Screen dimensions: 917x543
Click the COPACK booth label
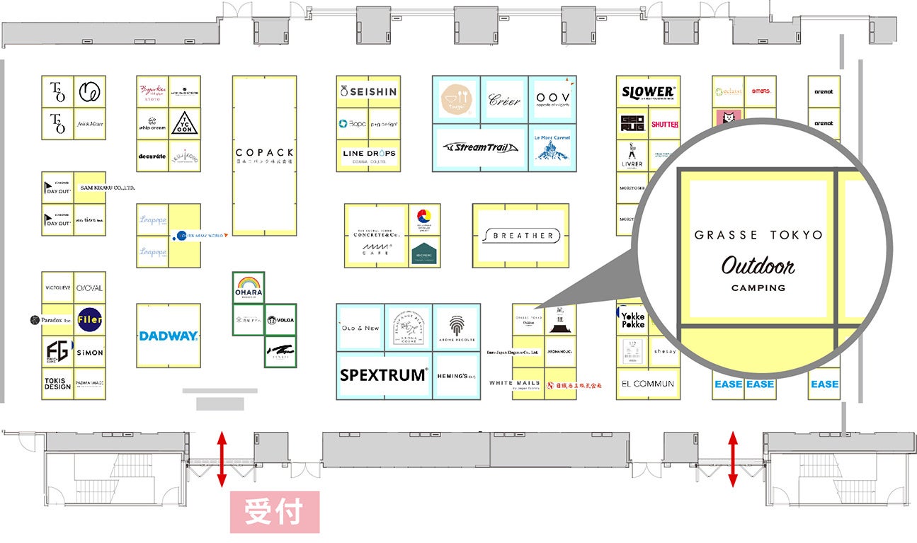264,153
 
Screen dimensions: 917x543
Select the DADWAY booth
168,336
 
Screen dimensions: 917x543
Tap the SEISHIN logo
368,91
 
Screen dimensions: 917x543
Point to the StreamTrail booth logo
480,147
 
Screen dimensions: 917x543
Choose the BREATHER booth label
522,236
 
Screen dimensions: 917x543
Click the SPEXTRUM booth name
384,375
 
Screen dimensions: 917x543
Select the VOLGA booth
280,320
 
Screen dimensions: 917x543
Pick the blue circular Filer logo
90,320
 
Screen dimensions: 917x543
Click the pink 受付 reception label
275,512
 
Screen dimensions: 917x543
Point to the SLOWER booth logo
648,92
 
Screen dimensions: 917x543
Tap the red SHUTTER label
664,124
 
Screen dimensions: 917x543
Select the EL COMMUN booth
647,384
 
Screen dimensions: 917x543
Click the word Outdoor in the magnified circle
758,266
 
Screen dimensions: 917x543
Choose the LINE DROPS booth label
369,154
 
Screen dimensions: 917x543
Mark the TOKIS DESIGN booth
57,383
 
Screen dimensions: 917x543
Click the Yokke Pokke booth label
632,320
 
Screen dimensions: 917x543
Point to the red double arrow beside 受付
222,459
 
